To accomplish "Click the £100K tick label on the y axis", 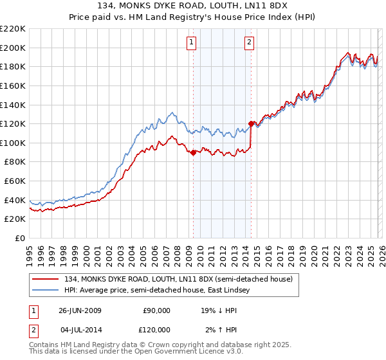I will (13, 143).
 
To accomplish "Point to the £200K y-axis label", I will (13, 48).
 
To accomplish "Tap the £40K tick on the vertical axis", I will (15, 200).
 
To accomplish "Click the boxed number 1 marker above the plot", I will (192, 43).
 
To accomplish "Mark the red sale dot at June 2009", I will (193, 152).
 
